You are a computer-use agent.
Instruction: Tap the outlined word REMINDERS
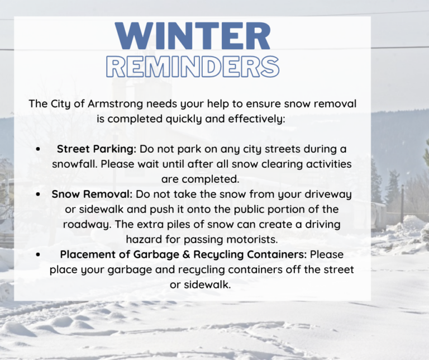[193, 67]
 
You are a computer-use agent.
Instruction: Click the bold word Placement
[86, 254]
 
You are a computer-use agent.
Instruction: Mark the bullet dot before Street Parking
[37, 150]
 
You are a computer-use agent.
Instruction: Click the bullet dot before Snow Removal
[37, 195]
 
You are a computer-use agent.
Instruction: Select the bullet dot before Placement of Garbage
[37, 254]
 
